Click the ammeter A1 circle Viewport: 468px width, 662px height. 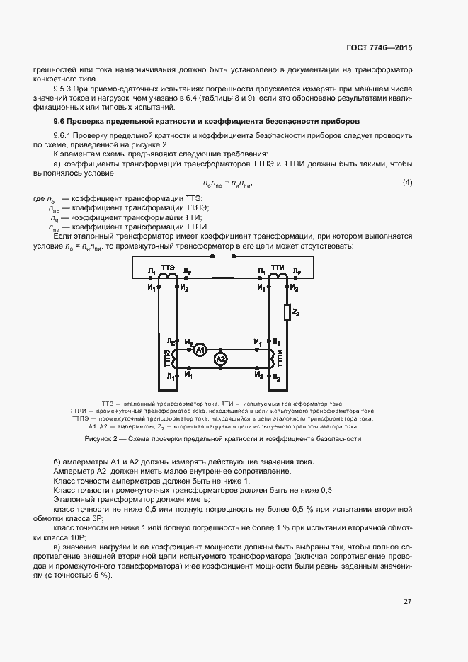(x=200, y=350)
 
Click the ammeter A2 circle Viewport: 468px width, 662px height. (x=221, y=360)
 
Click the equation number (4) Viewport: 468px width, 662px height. (x=407, y=183)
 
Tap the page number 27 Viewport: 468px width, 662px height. (x=408, y=602)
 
